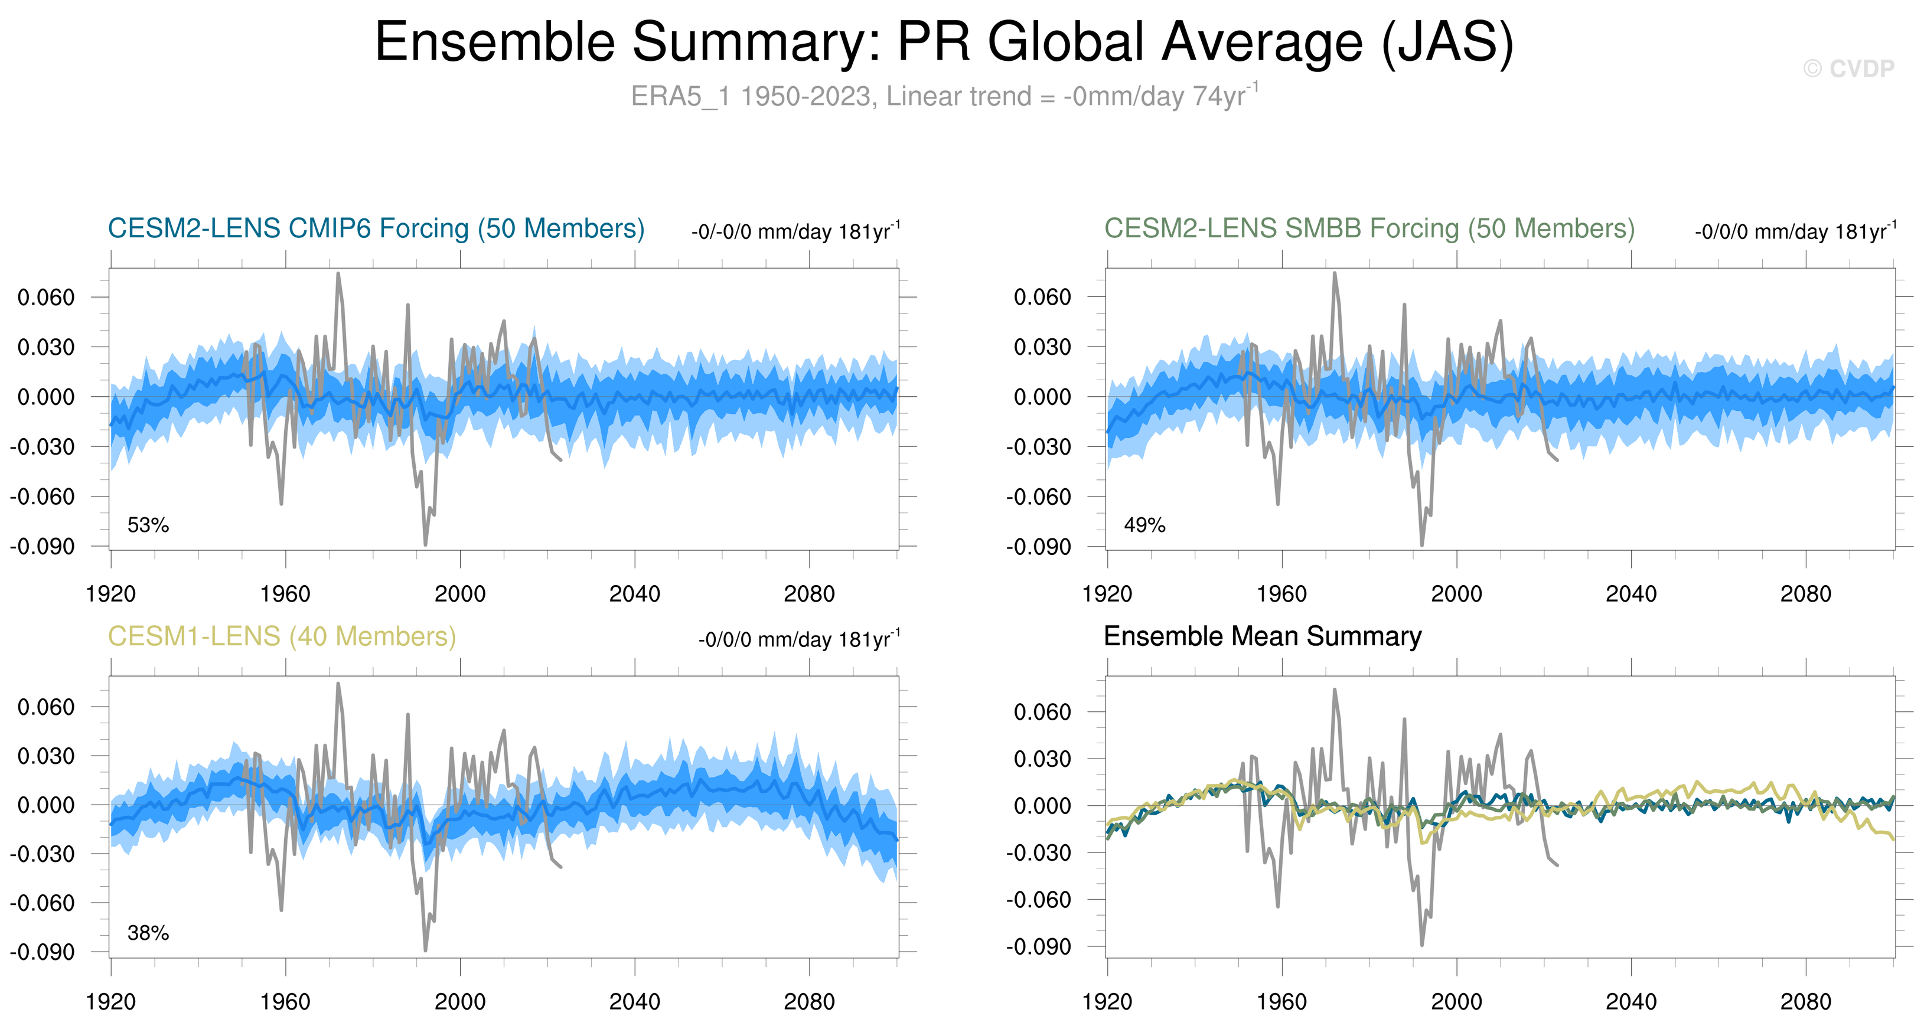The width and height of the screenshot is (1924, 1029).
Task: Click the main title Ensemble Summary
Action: point(944,42)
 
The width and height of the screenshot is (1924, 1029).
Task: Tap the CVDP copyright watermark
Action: point(1848,68)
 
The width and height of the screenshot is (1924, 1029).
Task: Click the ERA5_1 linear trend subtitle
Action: point(944,96)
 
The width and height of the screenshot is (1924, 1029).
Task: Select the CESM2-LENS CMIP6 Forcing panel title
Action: point(376,228)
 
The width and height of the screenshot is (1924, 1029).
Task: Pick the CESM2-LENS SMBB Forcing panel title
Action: point(1369,228)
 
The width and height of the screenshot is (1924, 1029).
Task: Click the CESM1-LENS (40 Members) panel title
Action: point(282,636)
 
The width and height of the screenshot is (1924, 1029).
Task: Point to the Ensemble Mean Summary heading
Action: point(1262,636)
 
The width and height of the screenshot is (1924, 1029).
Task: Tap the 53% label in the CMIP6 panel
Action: point(148,525)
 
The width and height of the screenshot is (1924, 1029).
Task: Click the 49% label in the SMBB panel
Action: point(1144,525)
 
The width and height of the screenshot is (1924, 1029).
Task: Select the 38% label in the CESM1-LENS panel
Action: point(148,933)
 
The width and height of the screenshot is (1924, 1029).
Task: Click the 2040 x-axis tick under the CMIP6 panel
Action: point(634,594)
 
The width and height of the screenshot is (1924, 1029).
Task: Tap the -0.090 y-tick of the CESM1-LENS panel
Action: point(43,952)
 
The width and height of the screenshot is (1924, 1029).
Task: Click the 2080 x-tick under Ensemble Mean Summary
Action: point(1805,1001)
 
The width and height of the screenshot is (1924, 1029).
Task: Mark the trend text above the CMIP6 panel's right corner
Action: point(795,231)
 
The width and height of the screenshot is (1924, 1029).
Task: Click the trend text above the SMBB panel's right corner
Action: point(1795,231)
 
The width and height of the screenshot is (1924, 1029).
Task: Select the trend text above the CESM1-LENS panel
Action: point(798,639)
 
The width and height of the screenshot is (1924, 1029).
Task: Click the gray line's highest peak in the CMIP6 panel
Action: point(338,274)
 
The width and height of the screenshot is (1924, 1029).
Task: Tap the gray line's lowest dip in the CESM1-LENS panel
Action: point(426,950)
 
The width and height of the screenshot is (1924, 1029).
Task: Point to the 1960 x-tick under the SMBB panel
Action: point(1281,594)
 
